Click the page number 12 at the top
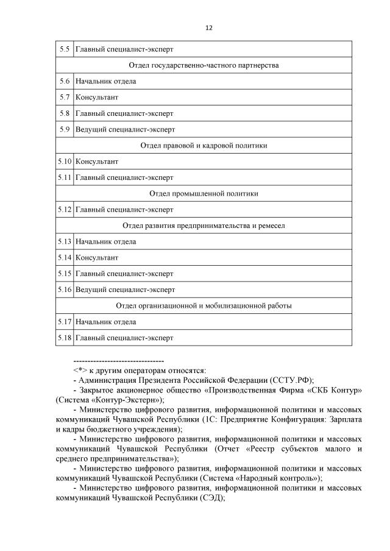pos(208,27)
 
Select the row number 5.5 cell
pos(64,49)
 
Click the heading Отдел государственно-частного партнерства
pos(204,65)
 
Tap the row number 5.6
pos(64,81)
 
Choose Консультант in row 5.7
pos(97,97)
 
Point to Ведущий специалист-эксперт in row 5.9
pos(125,129)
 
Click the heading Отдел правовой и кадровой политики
pos(204,146)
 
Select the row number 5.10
pos(65,162)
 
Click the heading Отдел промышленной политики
pos(204,194)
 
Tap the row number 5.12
pos(65,210)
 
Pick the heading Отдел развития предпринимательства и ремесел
pos(204,226)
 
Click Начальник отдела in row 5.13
pos(105,241)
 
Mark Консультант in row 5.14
pos(97,258)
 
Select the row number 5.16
pos(65,290)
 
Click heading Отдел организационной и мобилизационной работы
pos(204,305)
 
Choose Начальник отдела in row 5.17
pos(105,322)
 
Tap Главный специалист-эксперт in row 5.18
pos(124,338)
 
